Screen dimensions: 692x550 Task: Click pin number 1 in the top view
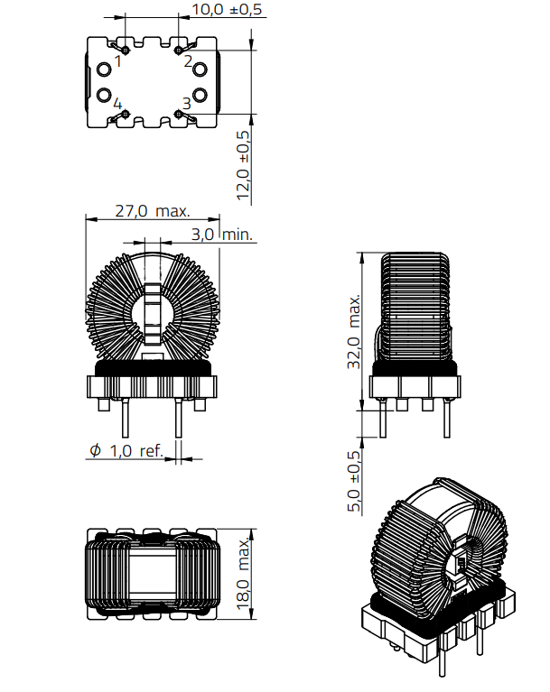pyautogui.click(x=117, y=62)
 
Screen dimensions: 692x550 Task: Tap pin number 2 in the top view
pyautogui.click(x=188, y=62)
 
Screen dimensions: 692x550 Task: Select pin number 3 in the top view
pyautogui.click(x=186, y=104)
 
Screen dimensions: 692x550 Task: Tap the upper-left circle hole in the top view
pyautogui.click(x=104, y=70)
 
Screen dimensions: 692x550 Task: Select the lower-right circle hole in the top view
pyautogui.click(x=200, y=94)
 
